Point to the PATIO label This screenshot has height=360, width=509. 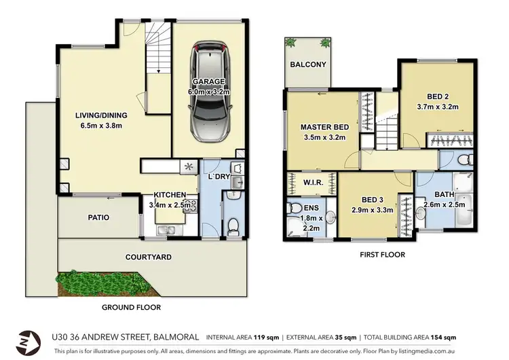point(98,217)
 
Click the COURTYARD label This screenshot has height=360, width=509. point(148,257)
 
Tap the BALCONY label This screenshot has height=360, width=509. point(308,65)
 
